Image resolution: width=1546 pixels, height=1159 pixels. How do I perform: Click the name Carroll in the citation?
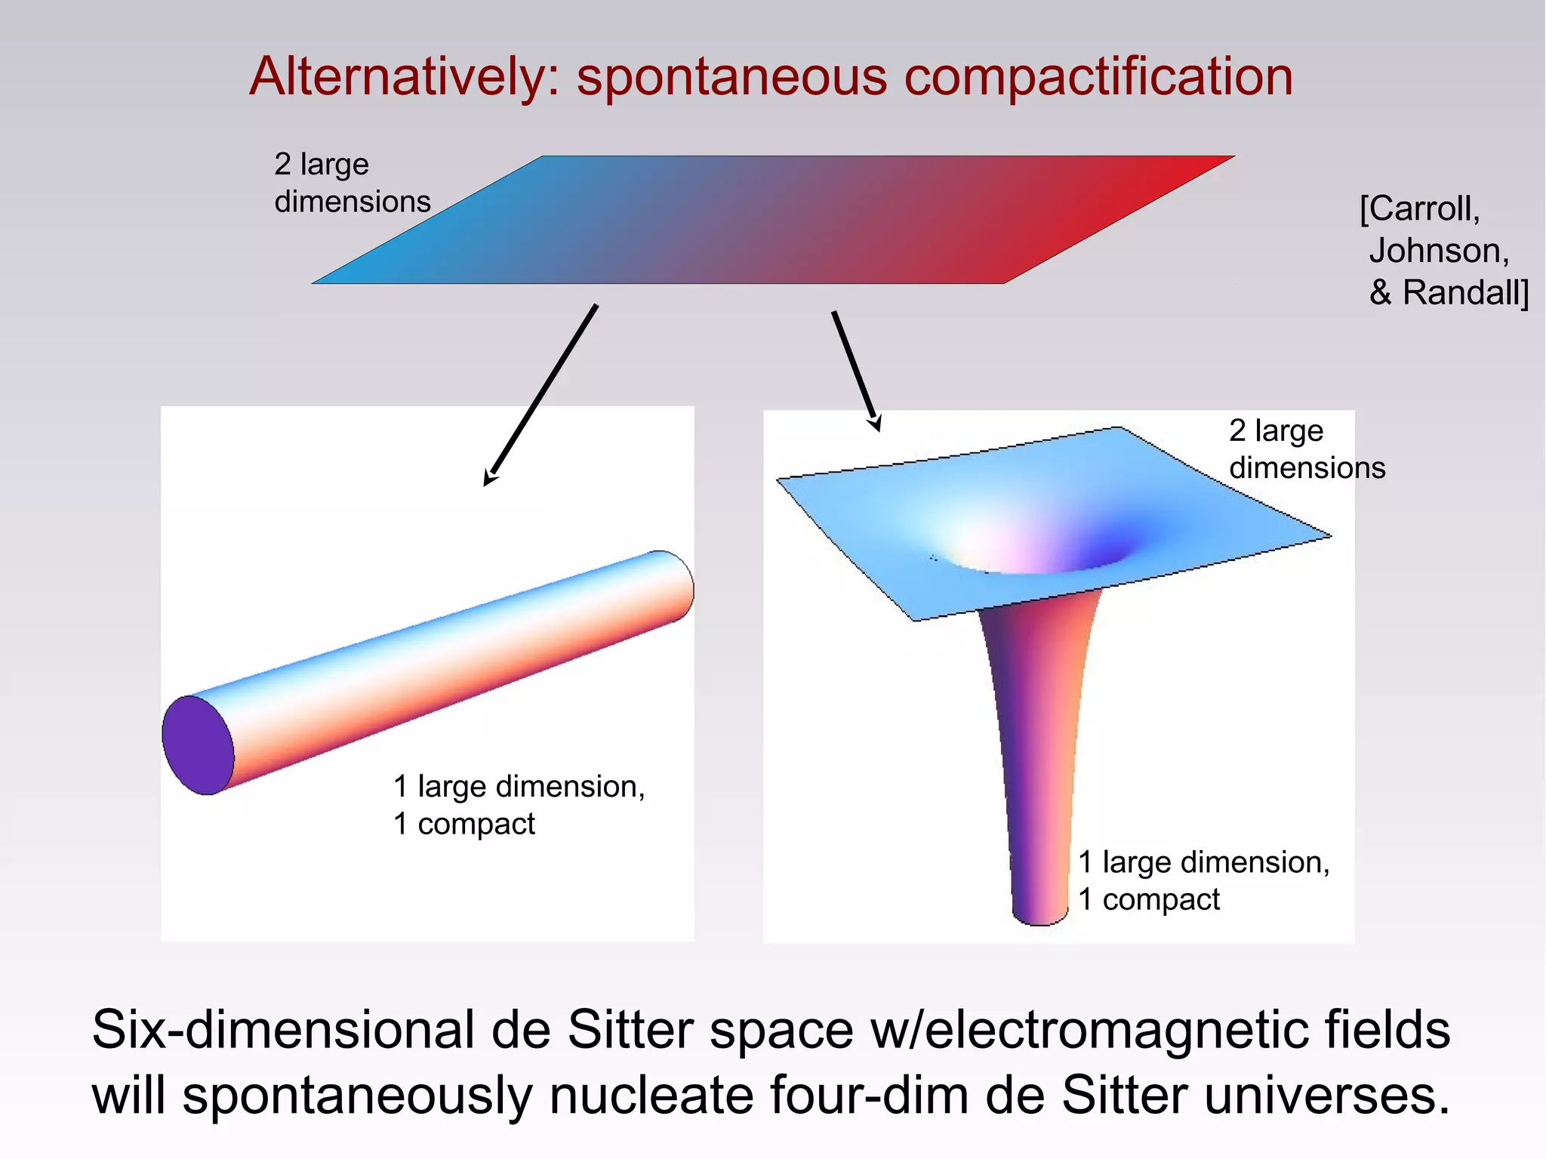tap(1423, 208)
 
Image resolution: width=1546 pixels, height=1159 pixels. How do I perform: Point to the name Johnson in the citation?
tap(1438, 251)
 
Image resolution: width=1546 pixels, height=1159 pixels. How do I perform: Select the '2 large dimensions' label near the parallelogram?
tap(352, 183)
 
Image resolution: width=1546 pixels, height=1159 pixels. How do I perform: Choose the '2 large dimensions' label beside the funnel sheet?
tap(1307, 449)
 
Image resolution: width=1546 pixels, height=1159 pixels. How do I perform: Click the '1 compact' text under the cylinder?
tap(463, 824)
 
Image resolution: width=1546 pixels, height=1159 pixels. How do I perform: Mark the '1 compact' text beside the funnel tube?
tap(1148, 900)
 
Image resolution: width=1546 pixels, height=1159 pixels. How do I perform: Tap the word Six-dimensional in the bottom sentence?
tap(283, 1029)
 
